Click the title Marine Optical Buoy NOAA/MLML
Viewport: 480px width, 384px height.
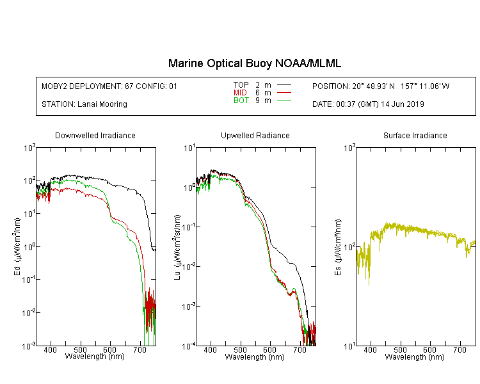tap(254, 63)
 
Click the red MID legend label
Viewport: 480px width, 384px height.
tap(240, 92)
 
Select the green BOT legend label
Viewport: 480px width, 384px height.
tap(241, 100)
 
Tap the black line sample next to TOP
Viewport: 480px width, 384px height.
tap(284, 85)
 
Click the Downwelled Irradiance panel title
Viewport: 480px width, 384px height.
tap(95, 136)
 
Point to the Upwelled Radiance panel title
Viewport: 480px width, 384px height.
tap(255, 136)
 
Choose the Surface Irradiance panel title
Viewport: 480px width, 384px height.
tap(415, 136)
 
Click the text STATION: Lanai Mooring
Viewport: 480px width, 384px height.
tap(84, 104)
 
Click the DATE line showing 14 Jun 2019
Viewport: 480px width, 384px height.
tap(368, 104)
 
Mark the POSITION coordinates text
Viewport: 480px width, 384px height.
tap(381, 86)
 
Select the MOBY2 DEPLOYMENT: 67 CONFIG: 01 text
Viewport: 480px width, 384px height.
tap(109, 86)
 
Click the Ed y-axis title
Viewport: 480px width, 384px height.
tap(17, 246)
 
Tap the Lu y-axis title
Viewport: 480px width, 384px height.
tap(177, 247)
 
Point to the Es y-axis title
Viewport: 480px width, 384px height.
tap(338, 247)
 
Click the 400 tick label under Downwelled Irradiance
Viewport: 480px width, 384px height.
tap(50, 349)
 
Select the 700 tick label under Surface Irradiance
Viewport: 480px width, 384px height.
tap(460, 349)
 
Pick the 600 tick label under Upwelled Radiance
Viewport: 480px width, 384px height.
tap(269, 349)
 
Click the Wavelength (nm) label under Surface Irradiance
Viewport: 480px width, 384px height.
tap(415, 356)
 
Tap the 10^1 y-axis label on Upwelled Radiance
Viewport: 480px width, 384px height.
tap(189, 148)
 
